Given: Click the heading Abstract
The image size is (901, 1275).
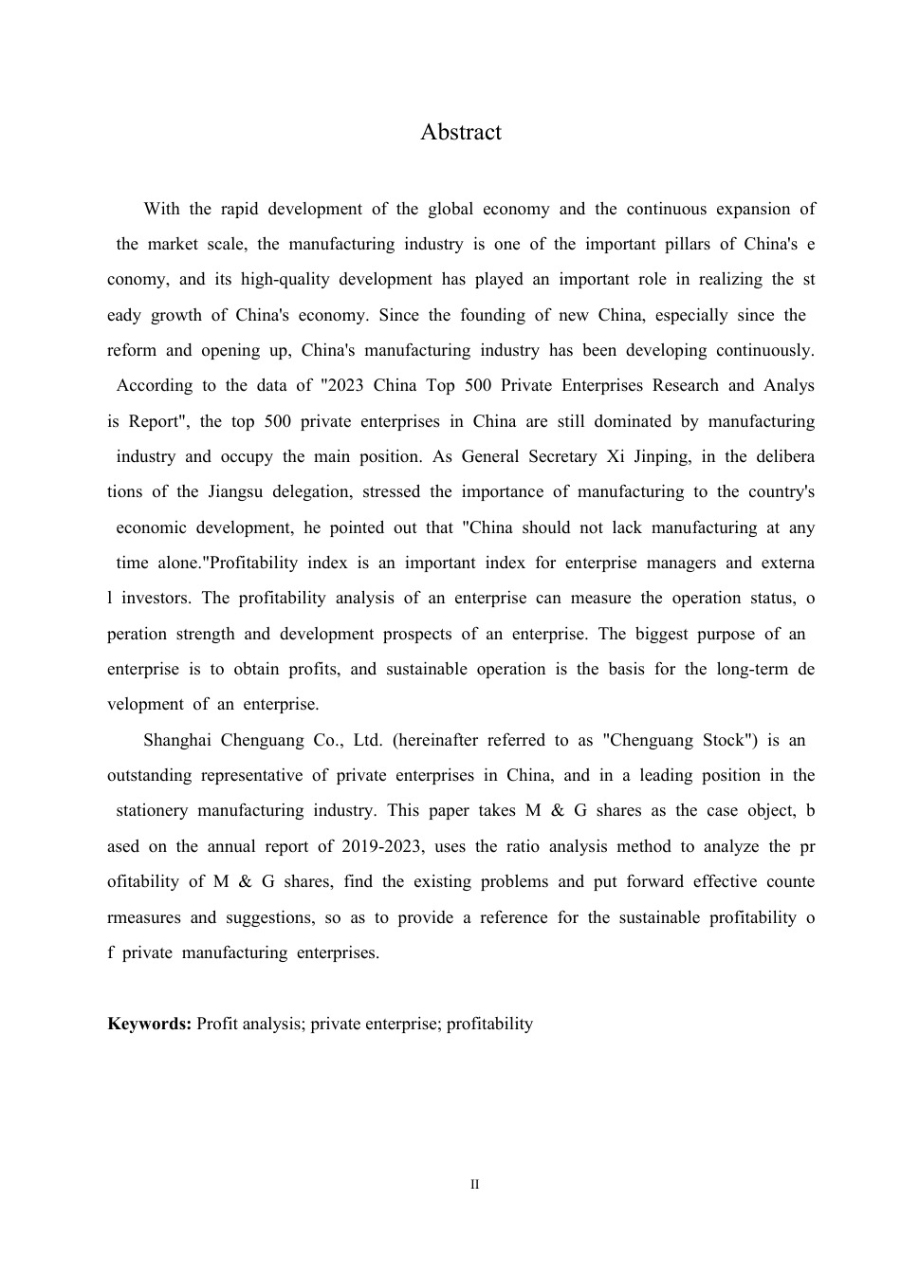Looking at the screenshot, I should click(461, 132).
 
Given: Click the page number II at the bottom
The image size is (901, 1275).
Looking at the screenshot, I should click(475, 1185).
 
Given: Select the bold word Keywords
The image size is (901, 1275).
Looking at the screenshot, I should click(150, 1024).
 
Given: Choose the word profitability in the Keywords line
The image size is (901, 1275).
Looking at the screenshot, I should click(489, 1024).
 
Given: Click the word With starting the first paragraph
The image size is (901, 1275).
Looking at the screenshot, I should click(161, 209).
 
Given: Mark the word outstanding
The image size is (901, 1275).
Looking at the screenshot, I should click(149, 775).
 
